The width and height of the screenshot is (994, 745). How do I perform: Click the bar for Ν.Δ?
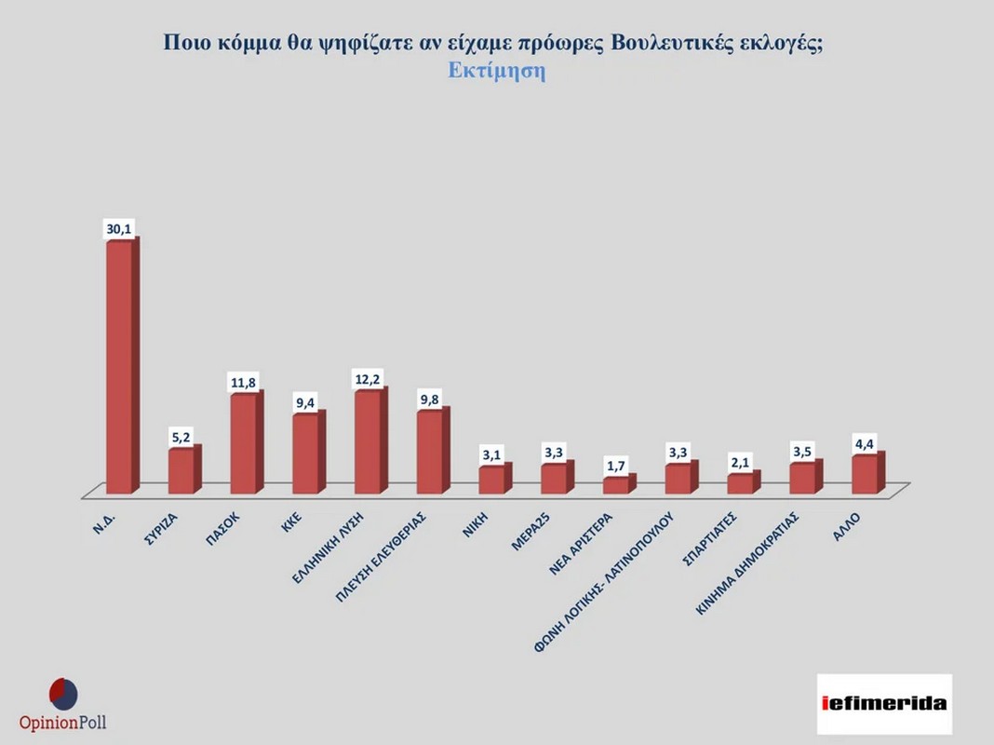click(x=119, y=367)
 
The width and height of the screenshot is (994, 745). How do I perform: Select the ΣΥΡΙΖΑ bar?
click(x=181, y=471)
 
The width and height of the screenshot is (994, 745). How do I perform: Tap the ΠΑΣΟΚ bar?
click(x=244, y=443)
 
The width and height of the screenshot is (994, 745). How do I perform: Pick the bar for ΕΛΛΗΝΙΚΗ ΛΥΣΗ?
click(x=369, y=441)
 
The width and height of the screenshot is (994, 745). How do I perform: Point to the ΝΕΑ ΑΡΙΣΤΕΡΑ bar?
click(x=617, y=485)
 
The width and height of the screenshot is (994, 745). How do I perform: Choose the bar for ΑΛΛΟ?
click(x=866, y=474)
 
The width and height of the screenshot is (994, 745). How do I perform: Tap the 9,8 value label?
click(x=431, y=399)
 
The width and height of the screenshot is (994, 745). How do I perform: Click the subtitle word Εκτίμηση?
click(x=496, y=73)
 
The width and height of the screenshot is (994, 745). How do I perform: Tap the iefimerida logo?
click(x=885, y=703)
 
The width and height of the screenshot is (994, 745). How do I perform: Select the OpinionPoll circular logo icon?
click(x=63, y=694)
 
